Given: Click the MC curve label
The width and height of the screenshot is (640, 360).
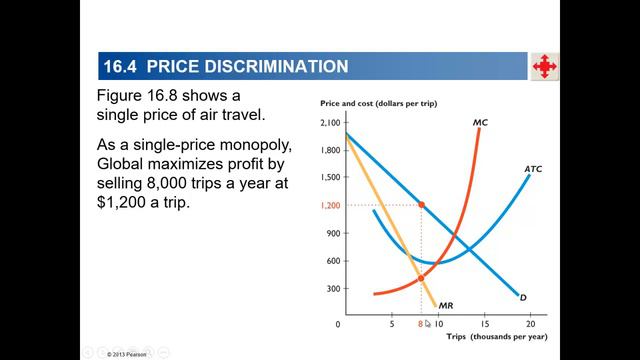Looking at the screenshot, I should coord(480,123).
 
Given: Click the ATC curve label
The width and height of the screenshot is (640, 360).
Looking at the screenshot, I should coord(533,170).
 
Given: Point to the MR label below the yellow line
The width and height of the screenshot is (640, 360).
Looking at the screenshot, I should coord(447,304).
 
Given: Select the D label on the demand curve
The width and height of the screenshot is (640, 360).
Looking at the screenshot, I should coord(523,297).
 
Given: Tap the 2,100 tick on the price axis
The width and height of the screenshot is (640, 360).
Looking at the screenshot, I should coord(330,122).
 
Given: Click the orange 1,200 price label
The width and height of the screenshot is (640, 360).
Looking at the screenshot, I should coord(330,205).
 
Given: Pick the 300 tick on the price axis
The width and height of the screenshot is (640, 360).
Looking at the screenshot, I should coord(333,289).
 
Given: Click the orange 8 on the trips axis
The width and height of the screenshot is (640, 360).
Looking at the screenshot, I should coord(420,325).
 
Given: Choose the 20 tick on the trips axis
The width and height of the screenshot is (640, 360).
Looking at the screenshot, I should coord(529,325).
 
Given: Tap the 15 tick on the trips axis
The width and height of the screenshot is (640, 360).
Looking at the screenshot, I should coord(484,325).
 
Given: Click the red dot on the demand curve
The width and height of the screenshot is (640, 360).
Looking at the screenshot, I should coord(421,205).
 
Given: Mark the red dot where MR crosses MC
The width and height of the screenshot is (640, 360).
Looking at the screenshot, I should coord(421,277).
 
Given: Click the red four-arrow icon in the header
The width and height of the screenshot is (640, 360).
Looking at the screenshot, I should coord(544,67).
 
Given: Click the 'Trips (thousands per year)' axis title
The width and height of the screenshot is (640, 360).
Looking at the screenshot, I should coord(490,340).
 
